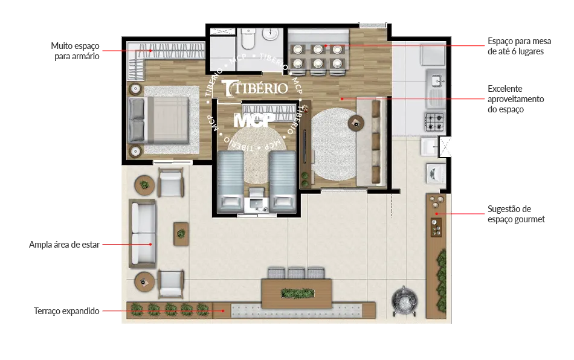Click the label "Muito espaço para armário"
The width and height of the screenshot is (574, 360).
[75, 51]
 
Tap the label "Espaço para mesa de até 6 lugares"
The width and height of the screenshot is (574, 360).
[519, 46]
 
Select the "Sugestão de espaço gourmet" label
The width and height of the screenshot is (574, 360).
[516, 214]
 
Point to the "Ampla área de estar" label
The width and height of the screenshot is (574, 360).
[64, 245]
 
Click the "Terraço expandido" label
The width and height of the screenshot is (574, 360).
[66, 311]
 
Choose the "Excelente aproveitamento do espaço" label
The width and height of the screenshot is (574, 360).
[515, 99]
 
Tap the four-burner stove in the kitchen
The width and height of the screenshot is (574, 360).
[434, 122]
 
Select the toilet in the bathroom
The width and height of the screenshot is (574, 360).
[248, 39]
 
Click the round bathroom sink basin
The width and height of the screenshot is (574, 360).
[271, 35]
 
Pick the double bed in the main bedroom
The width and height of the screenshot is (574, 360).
[158, 120]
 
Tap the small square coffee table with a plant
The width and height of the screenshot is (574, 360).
[181, 233]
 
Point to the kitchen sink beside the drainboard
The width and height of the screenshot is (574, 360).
[436, 80]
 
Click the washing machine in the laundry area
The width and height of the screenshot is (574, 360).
[436, 173]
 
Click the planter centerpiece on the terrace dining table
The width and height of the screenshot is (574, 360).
[297, 293]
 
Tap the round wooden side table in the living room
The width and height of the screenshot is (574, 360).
[356, 123]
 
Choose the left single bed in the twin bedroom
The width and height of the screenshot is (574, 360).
[230, 182]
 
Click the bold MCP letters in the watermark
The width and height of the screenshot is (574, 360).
[254, 120]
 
